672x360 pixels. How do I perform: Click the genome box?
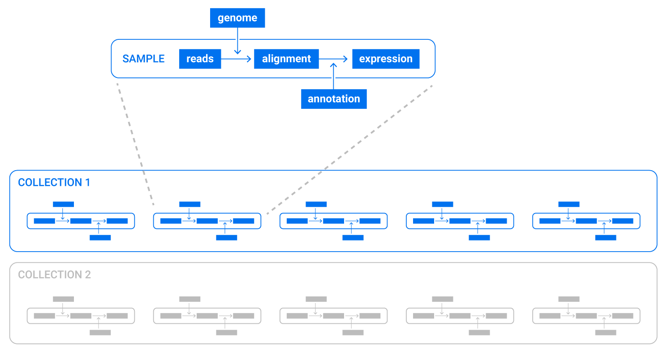237,18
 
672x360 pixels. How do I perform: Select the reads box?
200,59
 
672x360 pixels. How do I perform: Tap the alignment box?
286,59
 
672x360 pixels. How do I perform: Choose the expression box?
386,59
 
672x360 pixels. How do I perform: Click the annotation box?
334,99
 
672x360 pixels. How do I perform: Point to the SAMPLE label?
143,59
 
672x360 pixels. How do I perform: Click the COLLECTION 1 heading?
54,182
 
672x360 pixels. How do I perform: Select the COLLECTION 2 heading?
55,274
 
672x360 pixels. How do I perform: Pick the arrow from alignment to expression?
334,59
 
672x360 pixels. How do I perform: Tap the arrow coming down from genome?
237,45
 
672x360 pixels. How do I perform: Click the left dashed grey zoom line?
134,143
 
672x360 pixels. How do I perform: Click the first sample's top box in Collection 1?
63,204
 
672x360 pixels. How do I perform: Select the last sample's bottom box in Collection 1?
605,237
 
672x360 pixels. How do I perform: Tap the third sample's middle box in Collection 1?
333,221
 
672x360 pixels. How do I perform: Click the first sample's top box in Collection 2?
63,299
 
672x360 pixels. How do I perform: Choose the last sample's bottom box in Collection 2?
605,332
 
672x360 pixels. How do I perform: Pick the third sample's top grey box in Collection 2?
316,299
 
